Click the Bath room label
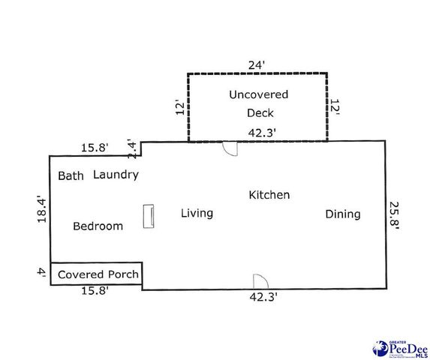click(x=71, y=176)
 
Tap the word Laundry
click(x=116, y=175)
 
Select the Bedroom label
click(x=98, y=226)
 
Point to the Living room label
click(x=197, y=213)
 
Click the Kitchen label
click(x=269, y=195)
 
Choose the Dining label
click(x=342, y=214)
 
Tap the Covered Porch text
click(x=98, y=274)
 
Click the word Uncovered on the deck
click(x=258, y=95)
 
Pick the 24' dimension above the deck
click(x=257, y=65)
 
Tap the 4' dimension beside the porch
click(x=43, y=274)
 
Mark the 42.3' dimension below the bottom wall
click(x=263, y=297)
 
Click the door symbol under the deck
click(x=230, y=148)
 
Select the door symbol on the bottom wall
click(x=260, y=281)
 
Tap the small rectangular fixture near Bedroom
click(x=149, y=215)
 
